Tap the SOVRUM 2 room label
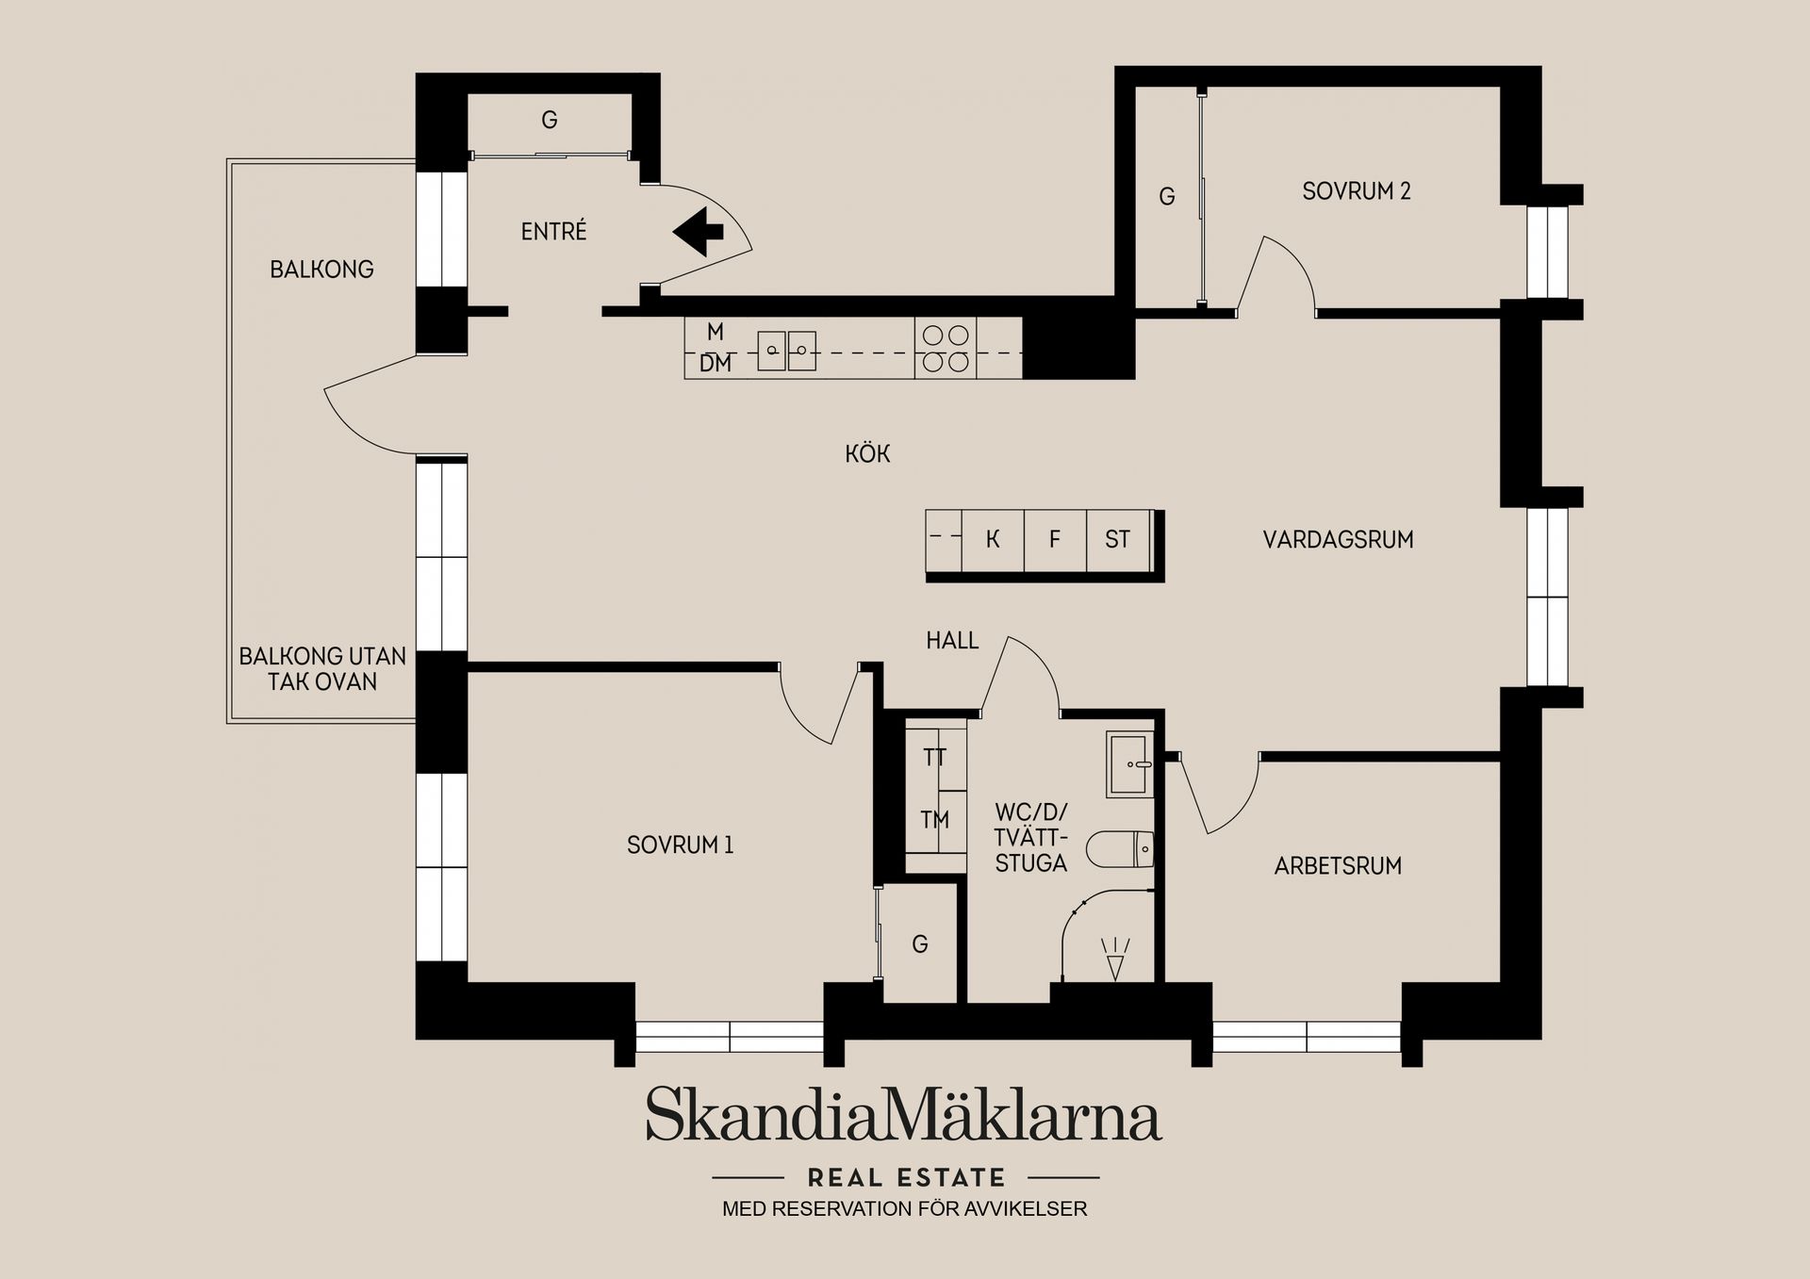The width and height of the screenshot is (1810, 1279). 1357,191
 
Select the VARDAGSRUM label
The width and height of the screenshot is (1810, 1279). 1338,540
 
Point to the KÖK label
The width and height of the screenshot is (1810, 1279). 867,453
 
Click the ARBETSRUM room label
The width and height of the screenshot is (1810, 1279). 1338,866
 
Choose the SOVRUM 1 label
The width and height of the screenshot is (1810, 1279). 680,845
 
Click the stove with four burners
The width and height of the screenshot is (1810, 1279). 946,348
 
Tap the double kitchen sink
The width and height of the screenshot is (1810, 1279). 786,351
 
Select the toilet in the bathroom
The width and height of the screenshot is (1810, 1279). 1120,849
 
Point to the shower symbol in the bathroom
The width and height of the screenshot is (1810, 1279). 1115,959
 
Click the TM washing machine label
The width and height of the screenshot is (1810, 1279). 935,820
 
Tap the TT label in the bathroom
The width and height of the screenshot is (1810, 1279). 935,758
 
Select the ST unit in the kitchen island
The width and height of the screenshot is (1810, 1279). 1118,540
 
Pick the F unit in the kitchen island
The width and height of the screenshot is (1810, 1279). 1055,540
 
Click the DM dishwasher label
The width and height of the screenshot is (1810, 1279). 716,363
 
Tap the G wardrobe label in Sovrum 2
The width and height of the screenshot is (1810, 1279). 1167,197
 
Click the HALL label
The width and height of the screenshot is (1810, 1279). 952,641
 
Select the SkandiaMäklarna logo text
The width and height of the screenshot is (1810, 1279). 904,1114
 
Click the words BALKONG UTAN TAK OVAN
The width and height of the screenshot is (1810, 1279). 322,669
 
